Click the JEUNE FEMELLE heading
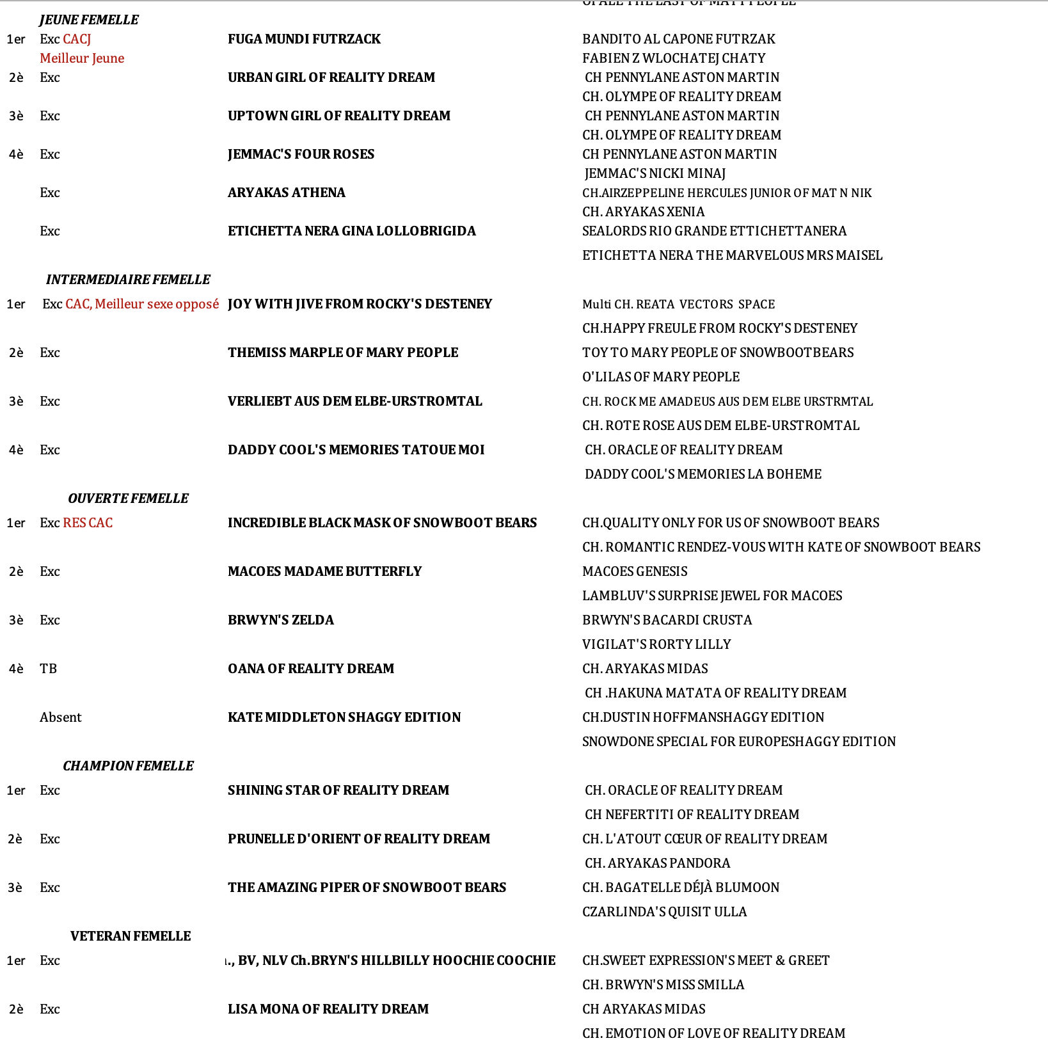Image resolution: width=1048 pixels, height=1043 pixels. point(89,20)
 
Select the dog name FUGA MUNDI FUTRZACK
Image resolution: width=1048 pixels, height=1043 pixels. point(304,39)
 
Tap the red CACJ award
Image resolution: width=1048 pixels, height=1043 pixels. point(77,39)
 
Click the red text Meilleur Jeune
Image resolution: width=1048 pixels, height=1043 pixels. point(82,58)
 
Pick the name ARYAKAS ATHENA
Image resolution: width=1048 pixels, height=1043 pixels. point(286,193)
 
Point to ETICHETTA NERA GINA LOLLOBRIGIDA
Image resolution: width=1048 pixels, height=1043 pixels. point(351,231)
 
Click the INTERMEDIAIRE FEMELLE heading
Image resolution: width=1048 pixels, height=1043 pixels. point(128,280)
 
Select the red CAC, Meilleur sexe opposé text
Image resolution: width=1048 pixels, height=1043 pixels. point(142,304)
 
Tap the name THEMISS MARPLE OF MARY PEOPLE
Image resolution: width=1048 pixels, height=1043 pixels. point(343,353)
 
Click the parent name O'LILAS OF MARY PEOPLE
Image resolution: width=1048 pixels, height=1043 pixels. point(660,377)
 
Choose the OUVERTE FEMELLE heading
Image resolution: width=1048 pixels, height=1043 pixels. point(128,498)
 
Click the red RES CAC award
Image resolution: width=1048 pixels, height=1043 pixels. point(88,523)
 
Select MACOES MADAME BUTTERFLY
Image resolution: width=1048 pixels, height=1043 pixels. point(324,571)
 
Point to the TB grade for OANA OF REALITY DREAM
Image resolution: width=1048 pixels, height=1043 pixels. point(49,669)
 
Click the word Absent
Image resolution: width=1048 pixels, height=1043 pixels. point(61,717)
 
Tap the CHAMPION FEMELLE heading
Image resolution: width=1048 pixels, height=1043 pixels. point(128,766)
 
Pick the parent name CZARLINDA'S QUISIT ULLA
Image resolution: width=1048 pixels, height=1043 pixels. point(664,912)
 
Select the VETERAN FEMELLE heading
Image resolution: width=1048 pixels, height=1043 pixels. point(131,936)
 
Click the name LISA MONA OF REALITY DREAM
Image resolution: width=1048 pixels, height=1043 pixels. point(328,1009)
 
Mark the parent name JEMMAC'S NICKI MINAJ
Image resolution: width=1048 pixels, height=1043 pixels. point(655,173)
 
